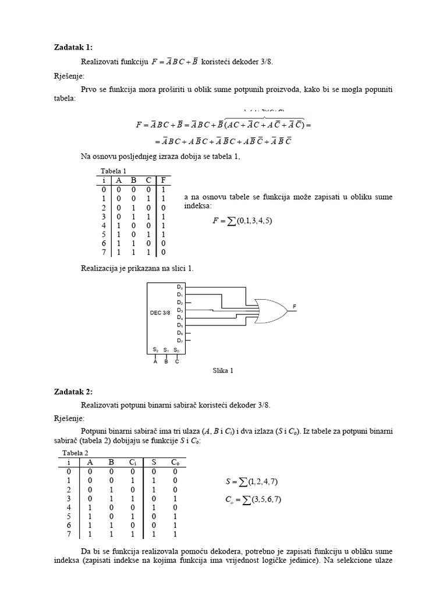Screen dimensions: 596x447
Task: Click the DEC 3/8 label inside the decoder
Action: pyautogui.click(x=159, y=313)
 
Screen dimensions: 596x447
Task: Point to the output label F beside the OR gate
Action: pyautogui.click(x=295, y=306)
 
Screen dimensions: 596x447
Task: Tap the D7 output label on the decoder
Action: pyautogui.click(x=180, y=339)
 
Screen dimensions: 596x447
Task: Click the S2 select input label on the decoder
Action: pyautogui.click(x=155, y=349)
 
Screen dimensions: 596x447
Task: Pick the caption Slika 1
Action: pyautogui.click(x=223, y=370)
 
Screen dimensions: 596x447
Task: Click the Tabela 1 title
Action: pyautogui.click(x=113, y=171)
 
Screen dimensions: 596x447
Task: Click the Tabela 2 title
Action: pyautogui.click(x=75, y=453)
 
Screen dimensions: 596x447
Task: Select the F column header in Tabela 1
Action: pyautogui.click(x=164, y=180)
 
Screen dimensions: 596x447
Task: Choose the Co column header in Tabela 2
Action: pyautogui.click(x=175, y=462)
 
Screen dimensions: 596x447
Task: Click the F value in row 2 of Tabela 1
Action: pyautogui.click(x=164, y=208)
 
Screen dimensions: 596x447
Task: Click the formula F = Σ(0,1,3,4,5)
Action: pyautogui.click(x=242, y=221)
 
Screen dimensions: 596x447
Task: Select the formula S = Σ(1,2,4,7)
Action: pyautogui.click(x=253, y=482)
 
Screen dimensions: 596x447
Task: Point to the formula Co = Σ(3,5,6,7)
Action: pyautogui.click(x=253, y=499)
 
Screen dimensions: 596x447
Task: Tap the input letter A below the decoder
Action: pyautogui.click(x=155, y=361)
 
